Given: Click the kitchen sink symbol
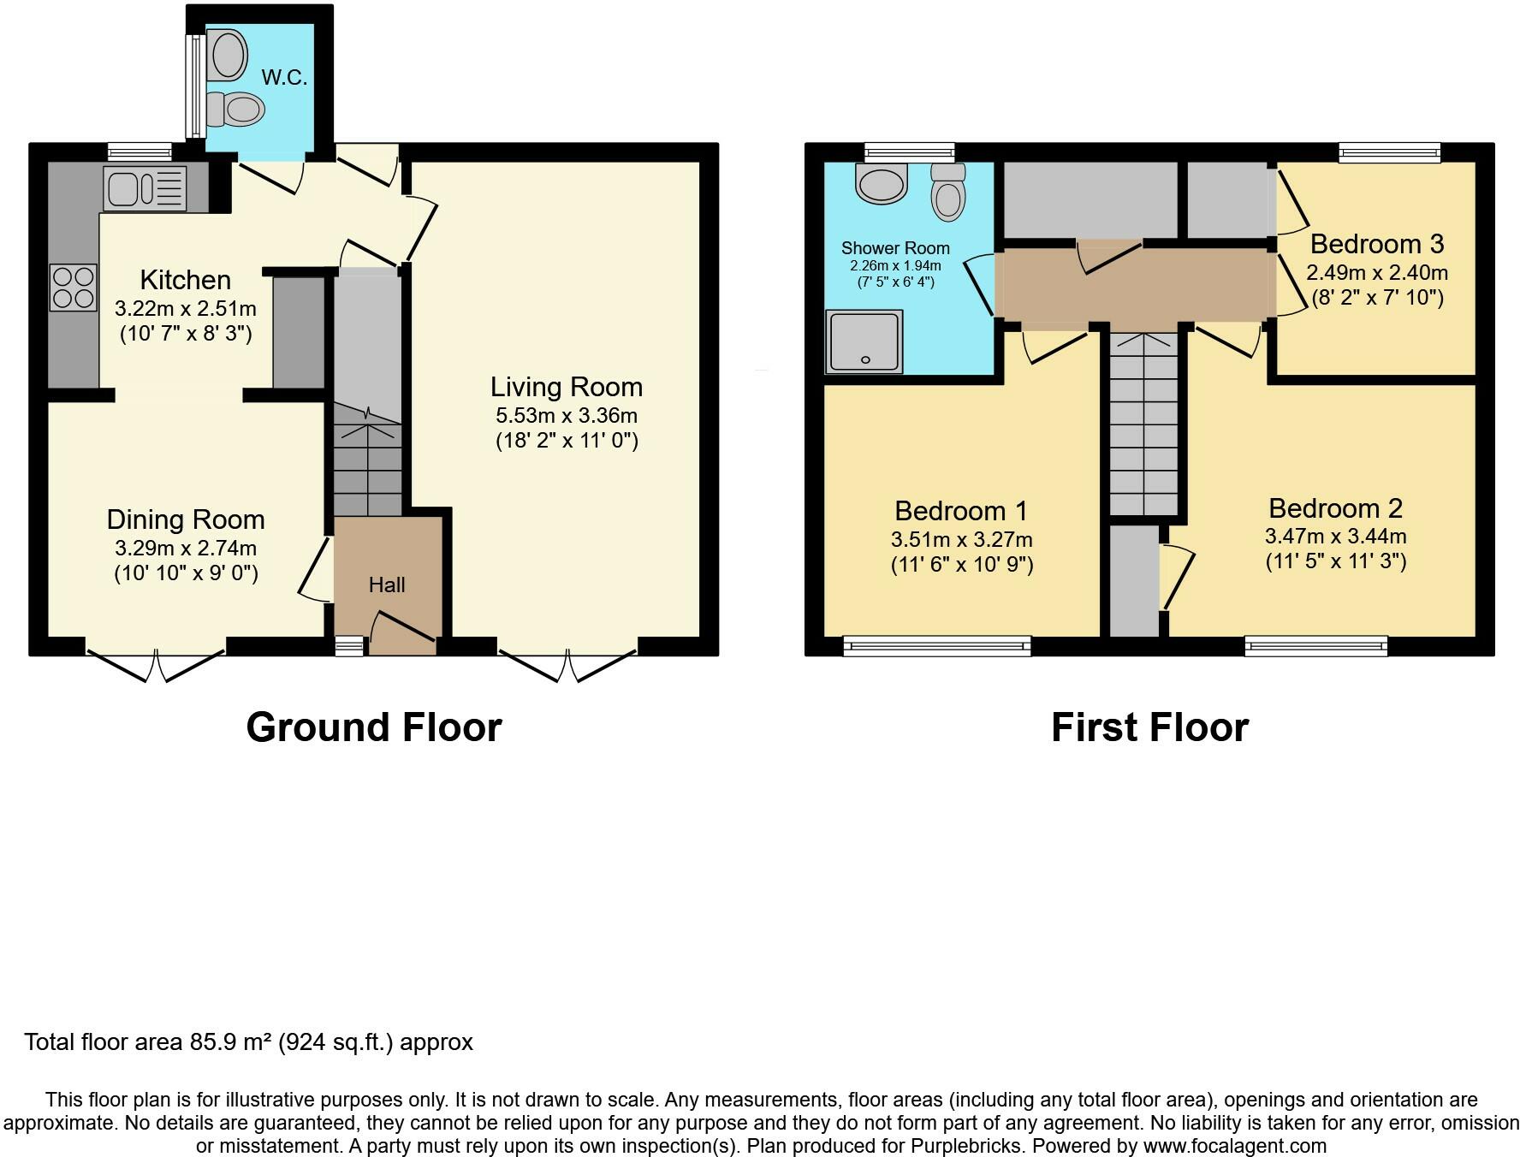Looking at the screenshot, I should coord(145,188).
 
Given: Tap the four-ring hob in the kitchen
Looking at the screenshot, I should coord(73,288).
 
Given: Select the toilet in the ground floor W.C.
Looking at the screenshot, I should coord(235,109).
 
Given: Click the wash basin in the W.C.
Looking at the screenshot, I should coord(229,54).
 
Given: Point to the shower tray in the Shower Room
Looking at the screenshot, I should coord(864,341).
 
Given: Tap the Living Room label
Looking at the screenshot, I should coord(566,387).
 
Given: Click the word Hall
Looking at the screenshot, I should coord(386,585).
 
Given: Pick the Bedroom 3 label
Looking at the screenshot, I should coord(1376,244).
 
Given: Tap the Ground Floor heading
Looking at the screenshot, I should coord(373,727).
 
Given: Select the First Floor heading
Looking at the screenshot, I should coord(1149,727).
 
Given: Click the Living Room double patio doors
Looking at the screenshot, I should coord(567,665).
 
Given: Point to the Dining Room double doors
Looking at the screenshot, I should coord(156,665).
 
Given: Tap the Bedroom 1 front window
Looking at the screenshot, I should coord(936,646).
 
